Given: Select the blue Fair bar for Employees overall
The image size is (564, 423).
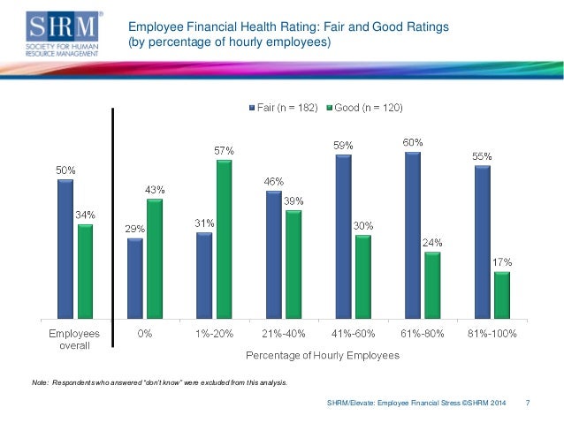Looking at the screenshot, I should (65, 248).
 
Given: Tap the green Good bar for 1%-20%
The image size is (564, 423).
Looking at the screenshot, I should (224, 238).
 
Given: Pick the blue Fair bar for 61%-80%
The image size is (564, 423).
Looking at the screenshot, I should (412, 235).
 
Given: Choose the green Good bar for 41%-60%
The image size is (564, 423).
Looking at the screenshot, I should (362, 276).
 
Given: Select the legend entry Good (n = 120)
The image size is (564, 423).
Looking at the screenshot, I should (364, 108).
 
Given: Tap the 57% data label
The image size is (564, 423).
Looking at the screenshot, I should (224, 151).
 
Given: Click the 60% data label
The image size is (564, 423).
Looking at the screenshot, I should (413, 142).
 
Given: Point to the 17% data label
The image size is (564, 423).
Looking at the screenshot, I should (501, 262).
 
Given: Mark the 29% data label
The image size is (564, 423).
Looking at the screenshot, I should (134, 229).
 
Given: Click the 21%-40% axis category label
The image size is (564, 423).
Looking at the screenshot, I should (283, 335).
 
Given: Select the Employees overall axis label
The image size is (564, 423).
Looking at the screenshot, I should (73, 340).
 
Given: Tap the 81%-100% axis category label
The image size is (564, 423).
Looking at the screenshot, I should (492, 335).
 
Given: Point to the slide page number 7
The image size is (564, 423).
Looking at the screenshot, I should (528, 404).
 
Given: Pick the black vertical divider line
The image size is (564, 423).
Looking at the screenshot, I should (113, 230).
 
